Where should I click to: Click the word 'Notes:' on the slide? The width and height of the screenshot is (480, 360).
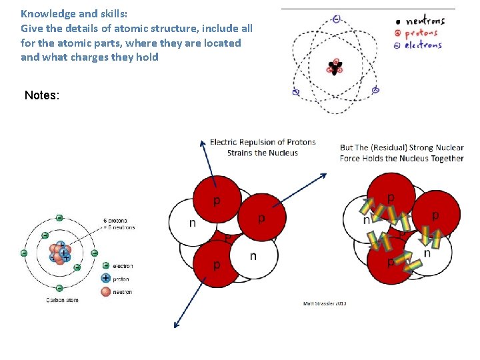click(42, 95)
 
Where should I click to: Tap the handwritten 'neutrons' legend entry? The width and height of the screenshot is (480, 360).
click(425, 21)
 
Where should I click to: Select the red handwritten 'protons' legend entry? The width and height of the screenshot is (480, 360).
click(421, 33)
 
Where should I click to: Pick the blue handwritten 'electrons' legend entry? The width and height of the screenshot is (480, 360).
click(423, 45)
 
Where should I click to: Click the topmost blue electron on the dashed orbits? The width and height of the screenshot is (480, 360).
click(337, 19)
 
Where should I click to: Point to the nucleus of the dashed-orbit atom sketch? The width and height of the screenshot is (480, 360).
click(334, 67)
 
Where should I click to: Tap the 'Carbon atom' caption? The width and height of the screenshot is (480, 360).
click(63, 300)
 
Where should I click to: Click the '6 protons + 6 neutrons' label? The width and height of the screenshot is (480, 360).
click(119, 224)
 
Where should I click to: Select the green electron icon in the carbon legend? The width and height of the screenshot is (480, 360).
click(105, 266)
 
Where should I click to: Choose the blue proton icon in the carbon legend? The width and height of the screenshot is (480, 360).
click(105, 279)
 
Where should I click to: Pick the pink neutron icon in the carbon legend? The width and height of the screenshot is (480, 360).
click(105, 291)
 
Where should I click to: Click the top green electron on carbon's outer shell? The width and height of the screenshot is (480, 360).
click(59, 217)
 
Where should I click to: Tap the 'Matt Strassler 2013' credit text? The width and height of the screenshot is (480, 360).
click(325, 304)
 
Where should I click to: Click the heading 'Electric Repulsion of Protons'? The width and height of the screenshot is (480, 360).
click(263, 142)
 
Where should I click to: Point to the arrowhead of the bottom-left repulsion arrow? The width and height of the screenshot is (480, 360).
click(177, 325)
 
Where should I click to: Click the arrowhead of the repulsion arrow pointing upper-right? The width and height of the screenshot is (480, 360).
click(324, 175)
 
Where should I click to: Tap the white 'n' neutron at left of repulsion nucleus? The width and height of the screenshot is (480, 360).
click(191, 223)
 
